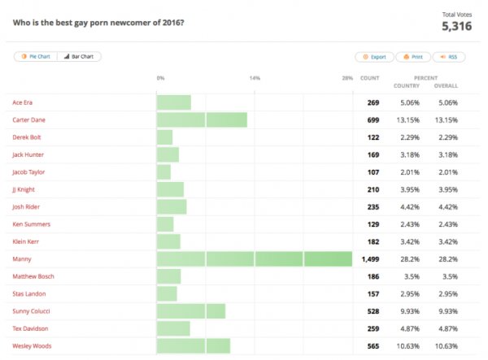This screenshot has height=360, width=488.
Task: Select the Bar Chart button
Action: click(79, 57)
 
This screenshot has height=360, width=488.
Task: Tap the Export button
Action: click(373, 57)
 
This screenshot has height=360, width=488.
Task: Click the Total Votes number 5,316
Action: click(456, 26)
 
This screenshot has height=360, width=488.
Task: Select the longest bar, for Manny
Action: click(254, 259)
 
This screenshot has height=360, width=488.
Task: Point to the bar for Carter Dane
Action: click(201, 120)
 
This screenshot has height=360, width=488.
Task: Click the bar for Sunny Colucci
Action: click(190, 311)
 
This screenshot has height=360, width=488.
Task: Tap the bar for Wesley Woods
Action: click(193, 346)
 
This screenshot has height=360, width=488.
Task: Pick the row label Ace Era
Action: click(24, 102)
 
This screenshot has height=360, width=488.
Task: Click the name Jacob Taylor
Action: click(28, 172)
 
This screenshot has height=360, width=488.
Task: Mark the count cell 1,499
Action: click(367, 259)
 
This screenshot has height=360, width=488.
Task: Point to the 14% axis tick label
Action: click(255, 78)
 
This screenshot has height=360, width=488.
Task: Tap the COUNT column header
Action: click(370, 78)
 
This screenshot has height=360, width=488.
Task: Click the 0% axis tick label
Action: click(161, 78)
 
